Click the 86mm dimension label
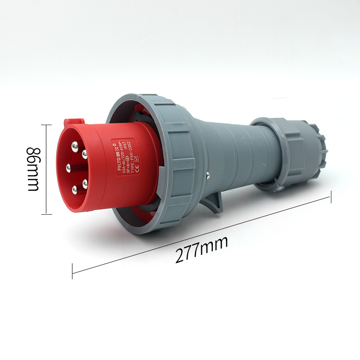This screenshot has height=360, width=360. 34,169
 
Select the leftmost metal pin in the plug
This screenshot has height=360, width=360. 69,168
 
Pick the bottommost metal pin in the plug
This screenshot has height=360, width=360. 75,190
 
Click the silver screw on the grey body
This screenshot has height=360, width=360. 208,175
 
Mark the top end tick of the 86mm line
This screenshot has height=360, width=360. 46,125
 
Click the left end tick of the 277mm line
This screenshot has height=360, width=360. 72,272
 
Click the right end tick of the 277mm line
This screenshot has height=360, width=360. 331,197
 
